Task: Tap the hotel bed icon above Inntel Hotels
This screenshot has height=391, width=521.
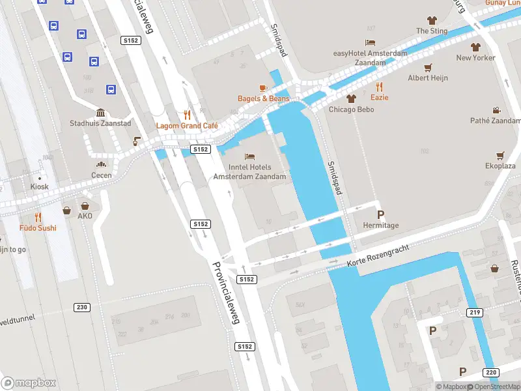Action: point(249,156)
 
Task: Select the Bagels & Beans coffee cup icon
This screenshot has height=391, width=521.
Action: point(263,87)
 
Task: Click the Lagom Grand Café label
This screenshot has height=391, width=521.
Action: point(186,125)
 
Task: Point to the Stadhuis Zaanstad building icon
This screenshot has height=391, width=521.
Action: point(101,113)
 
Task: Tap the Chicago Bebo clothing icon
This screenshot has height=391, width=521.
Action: point(352,98)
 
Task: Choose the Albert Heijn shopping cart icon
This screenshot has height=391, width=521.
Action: point(428,67)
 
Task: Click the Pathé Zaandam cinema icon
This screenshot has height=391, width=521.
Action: point(496,110)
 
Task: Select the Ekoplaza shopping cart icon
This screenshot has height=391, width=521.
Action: point(500,155)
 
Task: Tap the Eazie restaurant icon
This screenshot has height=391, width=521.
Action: point(380,86)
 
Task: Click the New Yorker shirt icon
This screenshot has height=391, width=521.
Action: point(475,47)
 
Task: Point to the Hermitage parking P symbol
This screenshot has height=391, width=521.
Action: point(380,214)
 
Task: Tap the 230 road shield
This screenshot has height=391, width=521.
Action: point(82,307)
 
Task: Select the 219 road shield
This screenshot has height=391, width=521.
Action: point(475,313)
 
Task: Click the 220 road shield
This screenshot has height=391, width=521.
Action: point(491,372)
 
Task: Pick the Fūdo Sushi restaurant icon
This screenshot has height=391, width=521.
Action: point(38,217)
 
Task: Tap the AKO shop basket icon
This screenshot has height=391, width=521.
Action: point(67,210)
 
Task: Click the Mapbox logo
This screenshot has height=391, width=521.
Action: point(29,383)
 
